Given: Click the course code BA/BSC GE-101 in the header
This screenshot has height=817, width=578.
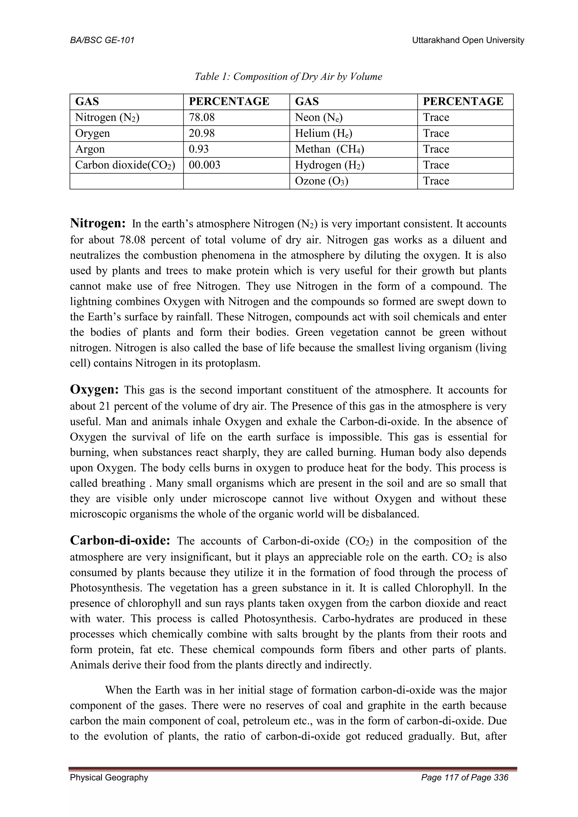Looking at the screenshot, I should [x=102, y=40].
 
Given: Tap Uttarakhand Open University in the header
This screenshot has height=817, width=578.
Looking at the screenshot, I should [x=468, y=40].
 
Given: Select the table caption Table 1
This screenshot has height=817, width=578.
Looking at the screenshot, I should [x=288, y=76].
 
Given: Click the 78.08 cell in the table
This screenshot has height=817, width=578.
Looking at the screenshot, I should [x=202, y=117].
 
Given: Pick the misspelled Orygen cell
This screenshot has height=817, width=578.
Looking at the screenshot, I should [x=93, y=133].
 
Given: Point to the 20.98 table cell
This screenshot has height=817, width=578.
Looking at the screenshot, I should [x=202, y=133].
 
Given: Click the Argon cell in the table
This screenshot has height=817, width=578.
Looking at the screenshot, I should [x=90, y=149].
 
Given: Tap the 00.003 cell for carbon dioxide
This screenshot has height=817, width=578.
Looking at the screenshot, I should [x=205, y=165].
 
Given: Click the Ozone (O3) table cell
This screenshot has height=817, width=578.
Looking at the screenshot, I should [x=321, y=181].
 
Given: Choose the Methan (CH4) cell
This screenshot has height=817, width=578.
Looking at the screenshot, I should [x=329, y=149].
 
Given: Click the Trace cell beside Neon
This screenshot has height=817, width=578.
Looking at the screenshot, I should [x=436, y=117].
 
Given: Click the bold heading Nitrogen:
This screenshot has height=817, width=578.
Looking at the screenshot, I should [x=98, y=223].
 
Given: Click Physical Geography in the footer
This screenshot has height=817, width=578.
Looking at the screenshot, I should [x=109, y=778].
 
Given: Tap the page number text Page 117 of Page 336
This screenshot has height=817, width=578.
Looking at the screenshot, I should [x=465, y=778].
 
